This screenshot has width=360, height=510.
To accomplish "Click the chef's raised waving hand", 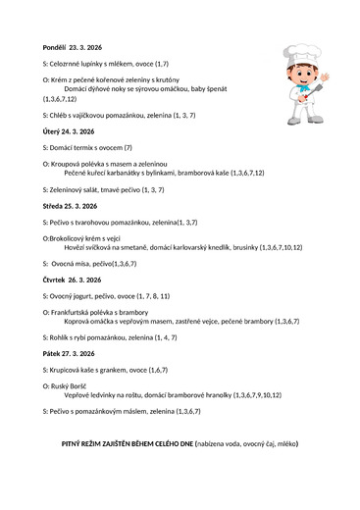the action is click(x=325, y=76).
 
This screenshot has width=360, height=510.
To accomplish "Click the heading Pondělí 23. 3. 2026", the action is click(x=77, y=47).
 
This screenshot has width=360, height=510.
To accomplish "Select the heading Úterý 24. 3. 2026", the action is click(x=69, y=130).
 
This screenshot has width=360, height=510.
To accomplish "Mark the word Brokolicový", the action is click(x=72, y=238).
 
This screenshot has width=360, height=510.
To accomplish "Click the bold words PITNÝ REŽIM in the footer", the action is click(x=90, y=444).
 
